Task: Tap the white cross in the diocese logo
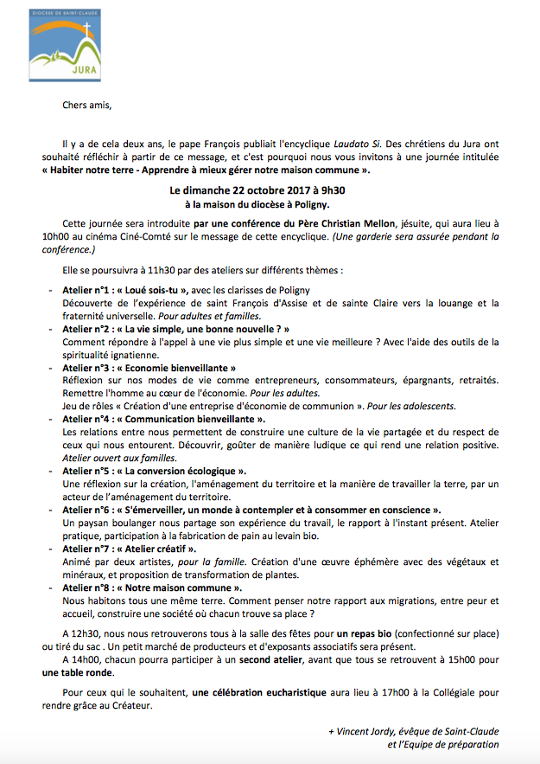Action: point(86,33)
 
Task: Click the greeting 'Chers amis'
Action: point(87,106)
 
